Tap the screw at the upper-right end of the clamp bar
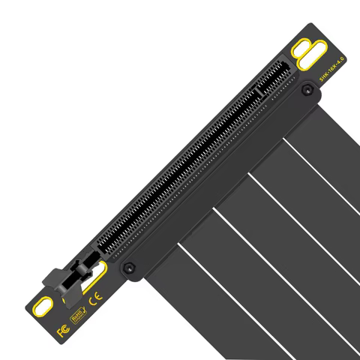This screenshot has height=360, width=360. click(x=306, y=91)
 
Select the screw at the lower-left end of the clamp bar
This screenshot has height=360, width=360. click(x=129, y=266)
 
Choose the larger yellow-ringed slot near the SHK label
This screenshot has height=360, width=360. click(x=309, y=58)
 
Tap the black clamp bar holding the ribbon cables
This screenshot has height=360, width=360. click(x=217, y=180)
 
